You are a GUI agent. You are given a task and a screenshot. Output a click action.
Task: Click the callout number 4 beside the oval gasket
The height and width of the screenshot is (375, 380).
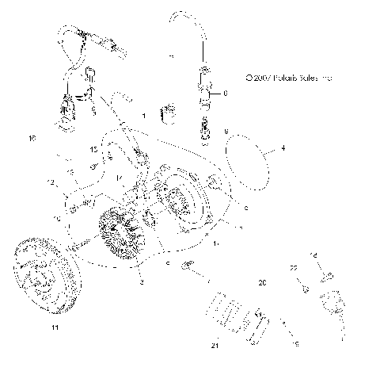(x=283, y=147)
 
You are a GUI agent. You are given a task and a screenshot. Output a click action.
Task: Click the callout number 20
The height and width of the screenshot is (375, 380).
(x=261, y=282)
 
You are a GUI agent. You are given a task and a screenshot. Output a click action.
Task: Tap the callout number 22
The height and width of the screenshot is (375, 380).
(x=292, y=270)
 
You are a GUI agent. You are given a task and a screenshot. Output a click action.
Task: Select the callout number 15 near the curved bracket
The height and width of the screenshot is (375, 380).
(x=93, y=149)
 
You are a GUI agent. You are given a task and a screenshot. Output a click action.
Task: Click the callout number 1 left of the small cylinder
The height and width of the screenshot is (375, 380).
(x=143, y=116)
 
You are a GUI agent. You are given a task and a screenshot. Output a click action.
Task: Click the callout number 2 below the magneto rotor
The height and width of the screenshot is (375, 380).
(x=141, y=281)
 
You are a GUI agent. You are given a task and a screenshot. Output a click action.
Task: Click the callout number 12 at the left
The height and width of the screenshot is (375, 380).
(x=51, y=184)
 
